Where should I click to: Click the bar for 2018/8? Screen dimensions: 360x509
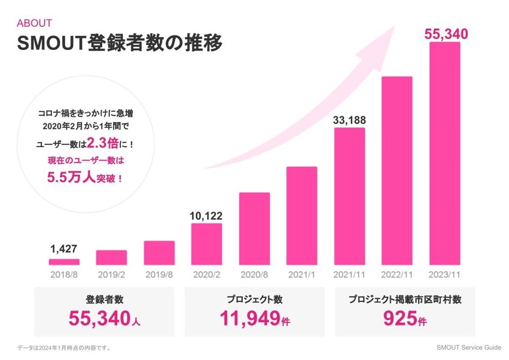pos(64,262)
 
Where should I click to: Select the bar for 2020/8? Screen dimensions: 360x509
pos(254,229)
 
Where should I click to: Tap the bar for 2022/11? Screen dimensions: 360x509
pos(397,171)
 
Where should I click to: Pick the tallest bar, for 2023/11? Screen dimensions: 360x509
pos(445,154)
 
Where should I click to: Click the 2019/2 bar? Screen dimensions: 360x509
pos(112,258)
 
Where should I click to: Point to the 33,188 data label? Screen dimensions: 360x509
pos(349,120)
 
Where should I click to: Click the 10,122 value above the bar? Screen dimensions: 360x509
pos(206,216)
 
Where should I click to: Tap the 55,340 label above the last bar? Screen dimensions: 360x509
pos(445,34)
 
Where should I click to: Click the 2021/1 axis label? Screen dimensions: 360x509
pos(302,275)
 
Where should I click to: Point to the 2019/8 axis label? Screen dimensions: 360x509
pos(159,275)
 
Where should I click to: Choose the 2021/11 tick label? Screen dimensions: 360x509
pos(349,275)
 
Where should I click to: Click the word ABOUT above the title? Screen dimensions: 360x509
pos(34,23)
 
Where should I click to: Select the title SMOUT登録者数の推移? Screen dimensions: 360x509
pos(120,43)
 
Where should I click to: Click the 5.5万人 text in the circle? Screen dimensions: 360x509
pos(71,177)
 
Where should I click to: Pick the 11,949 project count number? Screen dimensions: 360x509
pos(249,318)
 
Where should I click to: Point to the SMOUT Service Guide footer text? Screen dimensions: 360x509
pos(469,347)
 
